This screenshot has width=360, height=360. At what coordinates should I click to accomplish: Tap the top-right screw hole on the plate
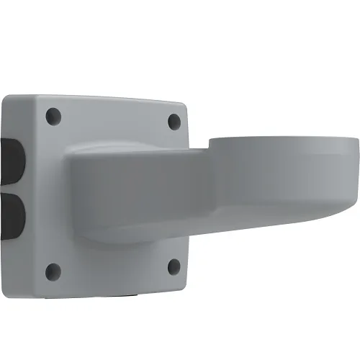click(174, 121)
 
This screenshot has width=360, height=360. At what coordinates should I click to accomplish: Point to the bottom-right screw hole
click(173, 266)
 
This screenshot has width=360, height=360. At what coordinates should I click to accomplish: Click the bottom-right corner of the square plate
click(186, 283)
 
